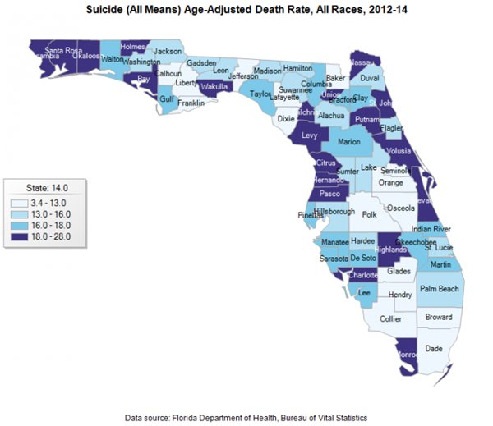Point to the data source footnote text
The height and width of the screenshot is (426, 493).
(x=246, y=418)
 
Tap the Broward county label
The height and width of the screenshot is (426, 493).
(x=438, y=317)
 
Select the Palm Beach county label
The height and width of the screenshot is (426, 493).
(x=440, y=289)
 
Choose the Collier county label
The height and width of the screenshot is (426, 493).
(x=391, y=319)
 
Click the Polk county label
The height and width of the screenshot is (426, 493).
(x=369, y=214)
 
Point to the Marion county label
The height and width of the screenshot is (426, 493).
(x=350, y=141)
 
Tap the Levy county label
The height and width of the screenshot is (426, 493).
(x=310, y=134)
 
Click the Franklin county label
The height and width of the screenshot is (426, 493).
(x=191, y=103)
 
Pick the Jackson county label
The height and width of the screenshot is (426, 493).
(x=168, y=51)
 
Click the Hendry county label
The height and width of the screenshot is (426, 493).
(x=400, y=295)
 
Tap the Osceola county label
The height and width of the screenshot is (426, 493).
(x=401, y=208)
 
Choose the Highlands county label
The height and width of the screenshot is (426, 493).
(x=390, y=249)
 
